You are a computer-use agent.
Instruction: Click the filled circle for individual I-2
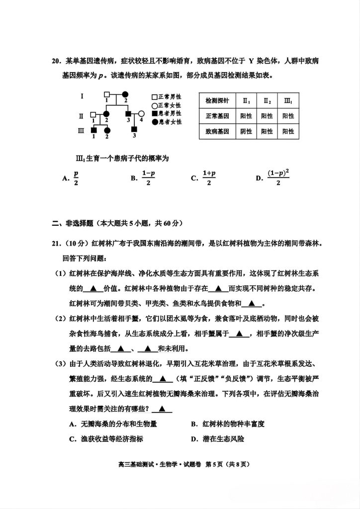pos(125,94)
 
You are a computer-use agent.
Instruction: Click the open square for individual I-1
pos(106,94)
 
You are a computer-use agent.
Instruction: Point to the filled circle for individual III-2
pos(106,130)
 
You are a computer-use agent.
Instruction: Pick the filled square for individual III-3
pos(134,130)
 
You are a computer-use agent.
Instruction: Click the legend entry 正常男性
pos(166,97)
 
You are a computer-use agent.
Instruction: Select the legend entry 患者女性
pos(166,121)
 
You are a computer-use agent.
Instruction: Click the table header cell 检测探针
pos(217,100)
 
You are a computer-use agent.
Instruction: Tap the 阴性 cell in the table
pos(246,131)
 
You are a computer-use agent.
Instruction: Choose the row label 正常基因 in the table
pos(217,116)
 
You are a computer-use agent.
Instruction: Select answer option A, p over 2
pos(72,178)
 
